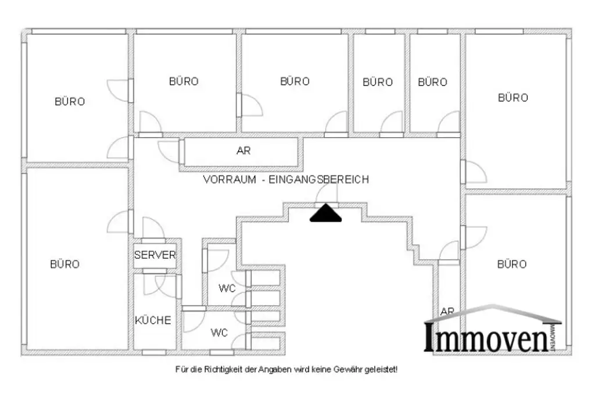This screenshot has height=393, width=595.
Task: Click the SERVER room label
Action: pos(155,255)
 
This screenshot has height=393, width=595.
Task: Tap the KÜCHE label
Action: pos(153,320)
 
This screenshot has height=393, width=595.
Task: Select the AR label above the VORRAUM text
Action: pos(243,151)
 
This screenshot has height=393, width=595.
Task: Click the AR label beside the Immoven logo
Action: pos(447,311)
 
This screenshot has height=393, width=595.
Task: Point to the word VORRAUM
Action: pos(229,180)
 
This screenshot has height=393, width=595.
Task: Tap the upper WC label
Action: pos(227,288)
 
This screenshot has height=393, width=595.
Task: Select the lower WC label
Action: pos(219,333)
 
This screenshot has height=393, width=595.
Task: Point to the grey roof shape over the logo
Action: pos(493,313)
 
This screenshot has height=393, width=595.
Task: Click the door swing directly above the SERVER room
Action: pos(152,228)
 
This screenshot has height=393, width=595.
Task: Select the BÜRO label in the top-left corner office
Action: pos(70,101)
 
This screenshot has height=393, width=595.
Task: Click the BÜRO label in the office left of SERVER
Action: pos(64,264)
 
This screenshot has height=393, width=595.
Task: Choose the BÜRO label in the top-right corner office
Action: pos(513,98)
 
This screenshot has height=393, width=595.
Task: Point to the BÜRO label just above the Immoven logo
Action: pos(512,264)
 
